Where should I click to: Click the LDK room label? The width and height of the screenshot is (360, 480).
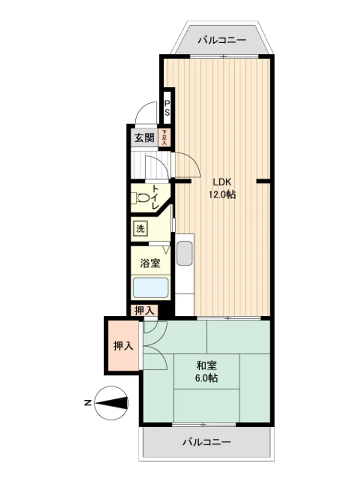click(222, 182)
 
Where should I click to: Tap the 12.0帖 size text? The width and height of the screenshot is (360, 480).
click(222, 194)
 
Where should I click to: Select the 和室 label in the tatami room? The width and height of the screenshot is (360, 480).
click(206, 365)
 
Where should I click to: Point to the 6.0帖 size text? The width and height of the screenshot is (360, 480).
click(206, 378)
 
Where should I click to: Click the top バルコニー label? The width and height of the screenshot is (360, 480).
click(222, 40)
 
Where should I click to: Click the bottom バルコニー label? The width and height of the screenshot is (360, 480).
click(207, 442)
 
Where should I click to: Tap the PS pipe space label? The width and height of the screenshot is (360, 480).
click(167, 108)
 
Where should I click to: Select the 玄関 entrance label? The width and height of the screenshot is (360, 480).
click(144, 138)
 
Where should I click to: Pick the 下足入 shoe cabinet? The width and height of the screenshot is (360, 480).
click(164, 137)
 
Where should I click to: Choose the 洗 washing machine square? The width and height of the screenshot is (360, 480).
click(141, 228)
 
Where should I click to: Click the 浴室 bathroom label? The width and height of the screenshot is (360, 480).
click(150, 263)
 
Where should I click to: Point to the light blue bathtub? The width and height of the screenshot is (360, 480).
click(150, 288)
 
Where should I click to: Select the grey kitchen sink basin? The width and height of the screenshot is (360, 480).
click(185, 253)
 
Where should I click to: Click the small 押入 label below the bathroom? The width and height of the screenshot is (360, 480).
click(144, 311)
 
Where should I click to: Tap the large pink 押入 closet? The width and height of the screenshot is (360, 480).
click(123, 346)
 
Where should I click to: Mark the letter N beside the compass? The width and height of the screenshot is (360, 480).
click(88, 403)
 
